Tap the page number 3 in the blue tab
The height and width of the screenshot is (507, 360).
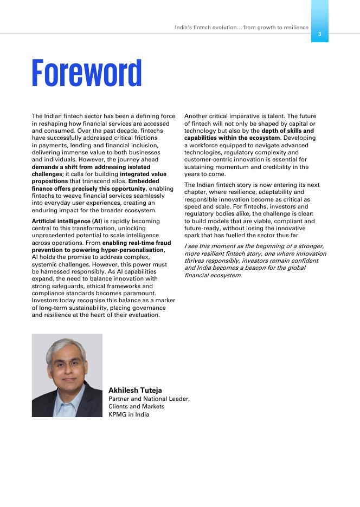tap(319, 34)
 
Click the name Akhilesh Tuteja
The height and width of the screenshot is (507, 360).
tap(135, 390)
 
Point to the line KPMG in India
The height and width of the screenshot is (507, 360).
tap(128, 414)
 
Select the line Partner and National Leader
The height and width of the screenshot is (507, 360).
tap(149, 399)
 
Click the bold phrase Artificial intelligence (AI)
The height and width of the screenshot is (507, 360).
tap(67, 221)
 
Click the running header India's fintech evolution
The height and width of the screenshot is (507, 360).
tap(241, 27)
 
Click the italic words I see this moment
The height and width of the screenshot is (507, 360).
tap(209, 246)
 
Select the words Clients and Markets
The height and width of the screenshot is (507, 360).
tap(136, 406)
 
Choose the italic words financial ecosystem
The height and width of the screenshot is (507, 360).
tap(213, 275)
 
